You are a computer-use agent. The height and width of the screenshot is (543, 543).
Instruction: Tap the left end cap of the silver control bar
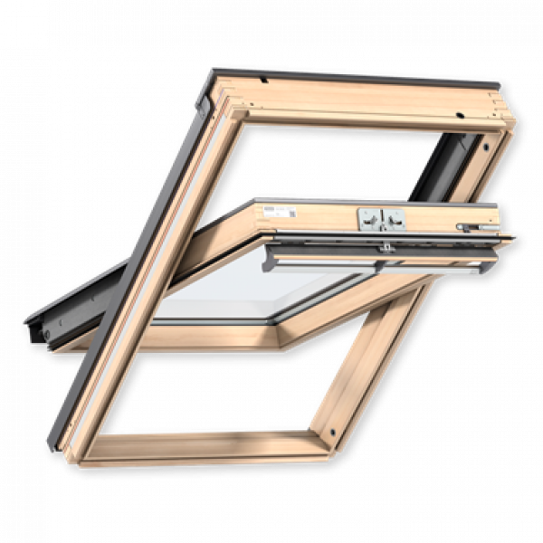pyautogui.click(x=270, y=263)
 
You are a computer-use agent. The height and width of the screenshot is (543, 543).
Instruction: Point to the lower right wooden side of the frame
pyautogui.click(x=371, y=362)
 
